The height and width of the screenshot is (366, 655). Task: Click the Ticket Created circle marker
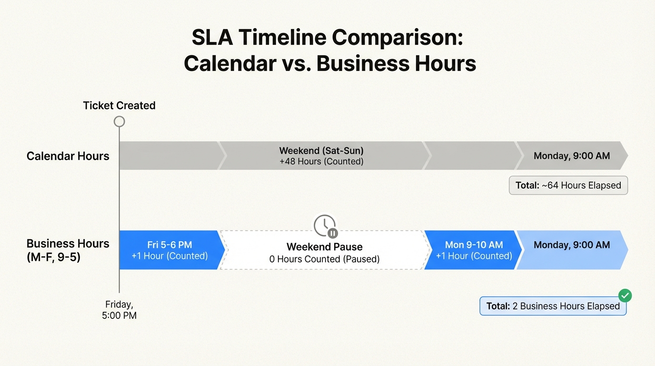click(x=119, y=122)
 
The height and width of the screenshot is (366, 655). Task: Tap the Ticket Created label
click(x=119, y=105)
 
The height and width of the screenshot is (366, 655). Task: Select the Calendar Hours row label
click(x=68, y=156)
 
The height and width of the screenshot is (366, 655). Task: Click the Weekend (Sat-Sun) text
click(x=321, y=151)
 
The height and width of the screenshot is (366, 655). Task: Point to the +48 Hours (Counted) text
click(x=321, y=162)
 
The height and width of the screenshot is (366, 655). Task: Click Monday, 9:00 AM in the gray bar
click(x=571, y=156)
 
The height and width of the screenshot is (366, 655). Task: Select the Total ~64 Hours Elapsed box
click(x=568, y=185)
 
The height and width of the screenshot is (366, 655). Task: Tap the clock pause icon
click(x=325, y=225)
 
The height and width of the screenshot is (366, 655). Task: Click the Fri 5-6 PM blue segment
click(x=169, y=250)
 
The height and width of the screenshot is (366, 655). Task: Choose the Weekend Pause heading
click(x=324, y=247)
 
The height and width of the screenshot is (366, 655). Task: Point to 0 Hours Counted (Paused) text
click(x=324, y=259)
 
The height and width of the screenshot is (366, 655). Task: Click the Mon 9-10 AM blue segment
click(x=474, y=250)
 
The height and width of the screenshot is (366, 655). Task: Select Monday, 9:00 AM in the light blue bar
click(x=571, y=245)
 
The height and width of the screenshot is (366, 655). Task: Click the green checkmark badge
click(x=625, y=295)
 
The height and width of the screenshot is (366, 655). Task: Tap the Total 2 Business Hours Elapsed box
click(x=553, y=306)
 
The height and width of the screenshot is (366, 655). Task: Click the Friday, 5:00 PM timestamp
click(x=119, y=310)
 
